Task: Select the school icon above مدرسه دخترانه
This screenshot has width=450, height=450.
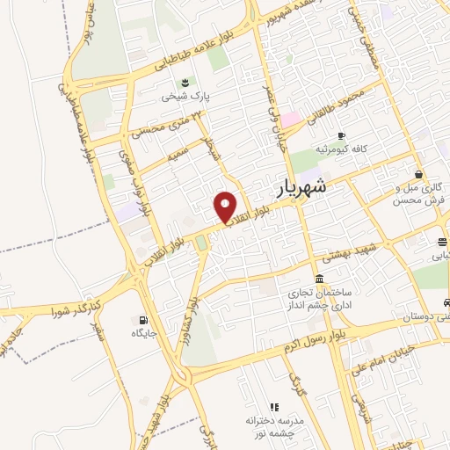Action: [x=274, y=407]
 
